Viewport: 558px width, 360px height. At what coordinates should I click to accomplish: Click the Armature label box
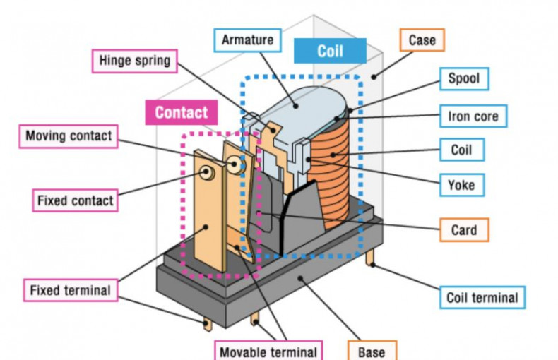tap(247, 40)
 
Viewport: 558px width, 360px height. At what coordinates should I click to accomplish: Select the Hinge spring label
tap(133, 60)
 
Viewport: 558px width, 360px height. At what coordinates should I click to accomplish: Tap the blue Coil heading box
tap(330, 52)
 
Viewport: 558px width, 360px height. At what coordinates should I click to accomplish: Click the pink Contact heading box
tap(181, 112)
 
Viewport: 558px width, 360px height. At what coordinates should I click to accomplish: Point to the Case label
tap(422, 40)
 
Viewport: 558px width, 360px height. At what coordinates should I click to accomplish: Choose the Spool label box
tap(463, 78)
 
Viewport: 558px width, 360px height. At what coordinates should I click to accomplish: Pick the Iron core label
tap(473, 115)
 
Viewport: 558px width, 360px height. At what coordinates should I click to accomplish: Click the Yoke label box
tap(461, 186)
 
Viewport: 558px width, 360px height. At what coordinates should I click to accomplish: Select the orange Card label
tap(463, 229)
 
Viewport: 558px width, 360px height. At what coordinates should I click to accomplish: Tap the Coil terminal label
tap(482, 297)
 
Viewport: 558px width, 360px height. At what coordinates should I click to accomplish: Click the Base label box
tap(372, 351)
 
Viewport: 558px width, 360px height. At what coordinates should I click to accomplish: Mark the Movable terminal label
tap(268, 351)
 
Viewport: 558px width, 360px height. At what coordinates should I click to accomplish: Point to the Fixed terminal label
tap(70, 290)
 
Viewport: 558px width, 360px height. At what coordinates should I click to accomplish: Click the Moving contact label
tap(69, 136)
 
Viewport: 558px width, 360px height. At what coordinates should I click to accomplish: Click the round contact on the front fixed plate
tap(208, 171)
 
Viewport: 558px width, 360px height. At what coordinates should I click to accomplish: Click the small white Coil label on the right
tap(461, 150)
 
